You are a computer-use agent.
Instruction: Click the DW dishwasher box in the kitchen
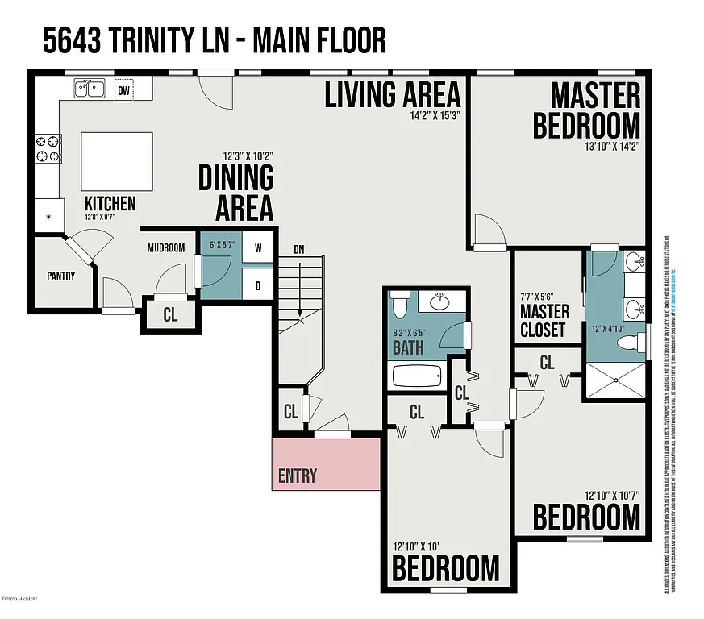[123, 89]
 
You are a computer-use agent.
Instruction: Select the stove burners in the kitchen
[48, 149]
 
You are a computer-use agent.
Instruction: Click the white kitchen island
[117, 160]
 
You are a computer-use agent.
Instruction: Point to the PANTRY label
[60, 276]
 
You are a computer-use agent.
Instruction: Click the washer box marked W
[258, 248]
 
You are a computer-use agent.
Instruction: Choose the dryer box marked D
[258, 285]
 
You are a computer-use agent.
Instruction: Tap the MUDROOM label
[167, 248]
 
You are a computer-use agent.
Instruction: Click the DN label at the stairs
[299, 248]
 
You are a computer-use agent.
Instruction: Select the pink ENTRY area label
[298, 476]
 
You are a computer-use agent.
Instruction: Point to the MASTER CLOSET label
[544, 321]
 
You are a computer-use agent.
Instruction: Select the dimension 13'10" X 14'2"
[613, 147]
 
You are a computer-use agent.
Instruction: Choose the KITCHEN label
[110, 204]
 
